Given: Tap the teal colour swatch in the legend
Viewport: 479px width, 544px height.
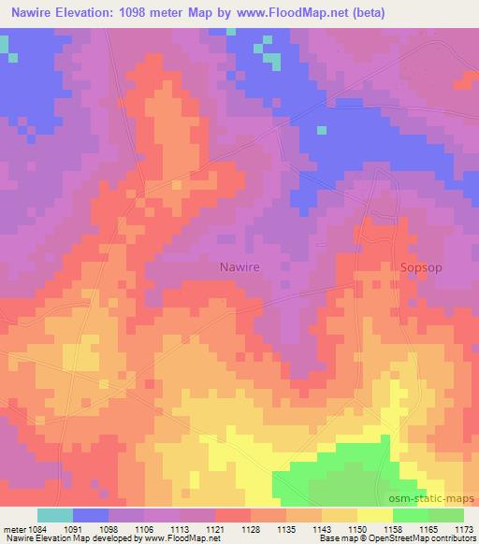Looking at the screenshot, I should (x=55, y=515).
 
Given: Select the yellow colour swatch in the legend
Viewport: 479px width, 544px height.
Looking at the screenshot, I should (x=375, y=515).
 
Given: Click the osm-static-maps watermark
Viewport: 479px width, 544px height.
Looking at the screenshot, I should (x=438, y=499).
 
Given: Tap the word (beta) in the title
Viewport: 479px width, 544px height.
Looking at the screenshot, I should (x=368, y=13).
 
